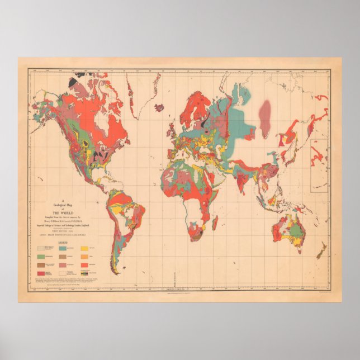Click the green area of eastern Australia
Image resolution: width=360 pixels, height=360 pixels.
pos(299,226)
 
